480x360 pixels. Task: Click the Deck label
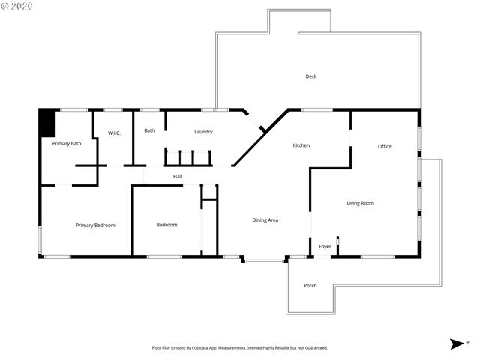click(x=311, y=76)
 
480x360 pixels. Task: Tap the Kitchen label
click(x=301, y=145)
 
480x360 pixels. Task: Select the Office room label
click(x=384, y=146)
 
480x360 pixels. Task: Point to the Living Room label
click(x=360, y=203)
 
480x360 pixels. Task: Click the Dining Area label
click(x=265, y=220)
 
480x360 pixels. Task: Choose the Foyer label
click(x=325, y=246)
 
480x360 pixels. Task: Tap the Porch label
click(x=310, y=286)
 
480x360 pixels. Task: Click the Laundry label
click(x=203, y=132)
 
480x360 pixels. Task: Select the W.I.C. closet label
click(x=114, y=133)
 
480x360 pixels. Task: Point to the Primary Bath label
click(x=67, y=143)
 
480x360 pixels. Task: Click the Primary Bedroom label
click(x=95, y=225)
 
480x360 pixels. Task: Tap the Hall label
click(x=178, y=177)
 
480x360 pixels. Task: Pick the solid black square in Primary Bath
click(x=47, y=123)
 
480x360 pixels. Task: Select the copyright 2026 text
click(x=18, y=6)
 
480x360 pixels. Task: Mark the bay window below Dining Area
click(x=264, y=260)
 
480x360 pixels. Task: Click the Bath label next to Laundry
click(x=149, y=130)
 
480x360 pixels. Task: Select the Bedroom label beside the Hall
click(x=166, y=225)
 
